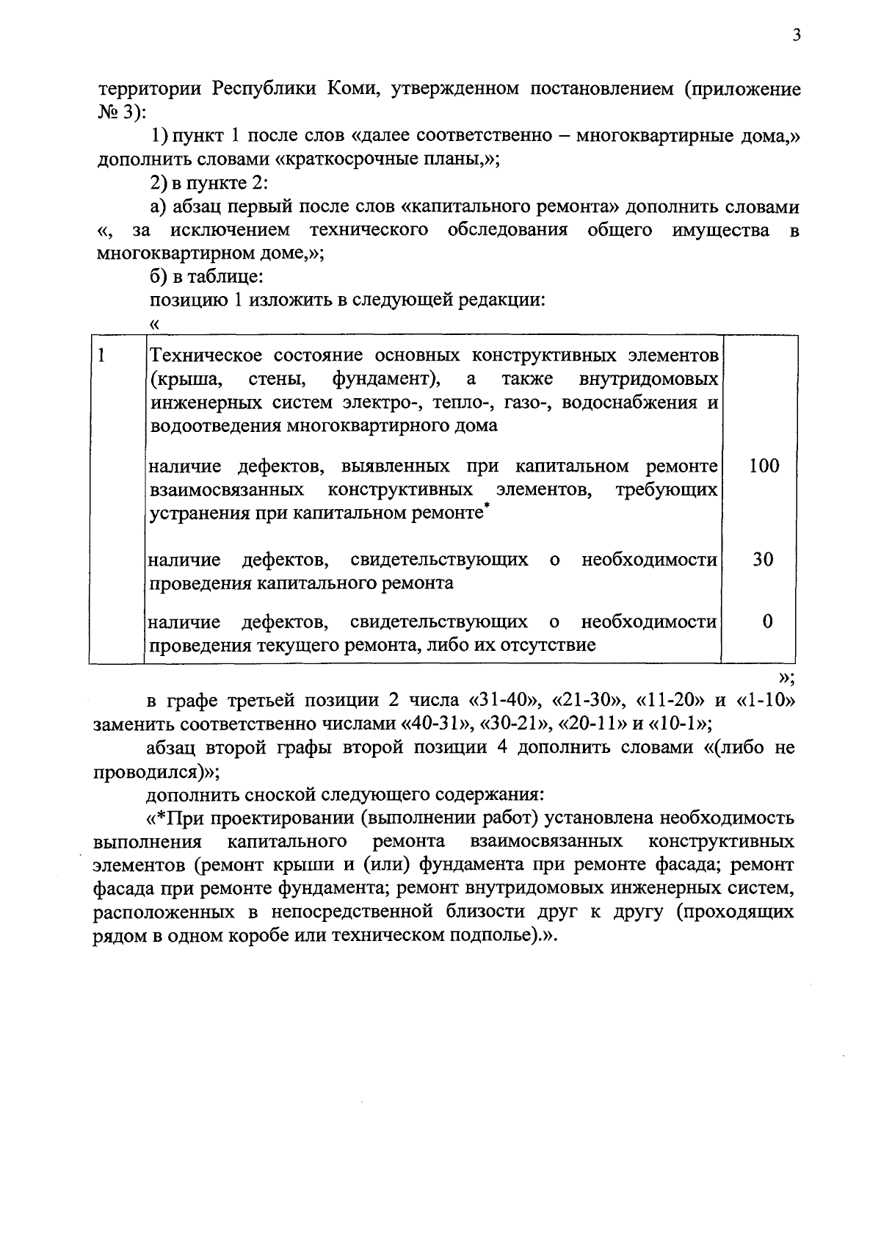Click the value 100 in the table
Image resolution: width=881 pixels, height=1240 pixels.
[764, 466]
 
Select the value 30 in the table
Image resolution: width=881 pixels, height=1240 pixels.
[764, 560]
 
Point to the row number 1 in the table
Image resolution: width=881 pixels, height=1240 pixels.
[102, 356]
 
